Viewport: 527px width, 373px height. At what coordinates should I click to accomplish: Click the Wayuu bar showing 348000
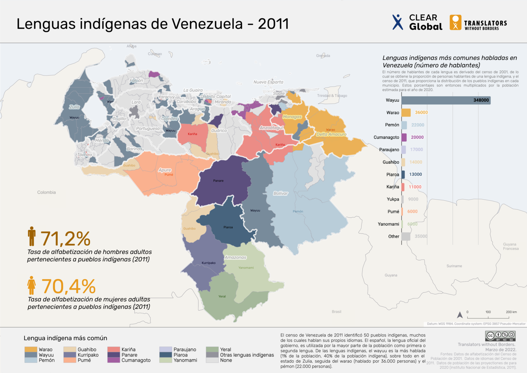pos(446,100)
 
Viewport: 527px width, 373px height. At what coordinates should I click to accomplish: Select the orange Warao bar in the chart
pos(406,113)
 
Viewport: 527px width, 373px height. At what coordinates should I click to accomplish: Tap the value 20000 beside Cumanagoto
pos(417,137)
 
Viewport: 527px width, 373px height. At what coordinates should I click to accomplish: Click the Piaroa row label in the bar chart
pos(393,174)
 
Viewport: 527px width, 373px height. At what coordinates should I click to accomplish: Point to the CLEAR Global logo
pos(417,22)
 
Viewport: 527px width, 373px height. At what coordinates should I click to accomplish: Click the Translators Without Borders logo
pos(478,23)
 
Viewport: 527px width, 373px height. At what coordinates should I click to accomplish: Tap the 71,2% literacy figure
pos(66,239)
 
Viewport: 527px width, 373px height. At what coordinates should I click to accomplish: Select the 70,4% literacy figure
pos(69,286)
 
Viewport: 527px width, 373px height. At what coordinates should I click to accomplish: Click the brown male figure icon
pos(32,236)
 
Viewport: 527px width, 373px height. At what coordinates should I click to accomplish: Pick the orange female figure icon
pos(32,285)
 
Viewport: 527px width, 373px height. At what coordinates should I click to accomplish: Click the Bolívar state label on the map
pos(281,193)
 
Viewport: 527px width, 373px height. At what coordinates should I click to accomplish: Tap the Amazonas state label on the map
pos(235,257)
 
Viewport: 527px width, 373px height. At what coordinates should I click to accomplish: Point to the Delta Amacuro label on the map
pos(331,134)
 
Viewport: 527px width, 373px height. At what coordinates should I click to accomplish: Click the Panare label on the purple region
pos(218,181)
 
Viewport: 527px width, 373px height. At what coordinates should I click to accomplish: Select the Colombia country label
pos(46,192)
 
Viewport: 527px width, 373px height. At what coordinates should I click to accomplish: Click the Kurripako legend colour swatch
pos(70,355)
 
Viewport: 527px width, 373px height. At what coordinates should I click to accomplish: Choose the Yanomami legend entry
pos(185,360)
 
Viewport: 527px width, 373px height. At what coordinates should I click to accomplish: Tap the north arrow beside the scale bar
pos(460,315)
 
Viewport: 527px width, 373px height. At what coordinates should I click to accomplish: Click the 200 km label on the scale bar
pos(511,312)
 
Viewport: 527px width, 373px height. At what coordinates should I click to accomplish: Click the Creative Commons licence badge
pos(500,336)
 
